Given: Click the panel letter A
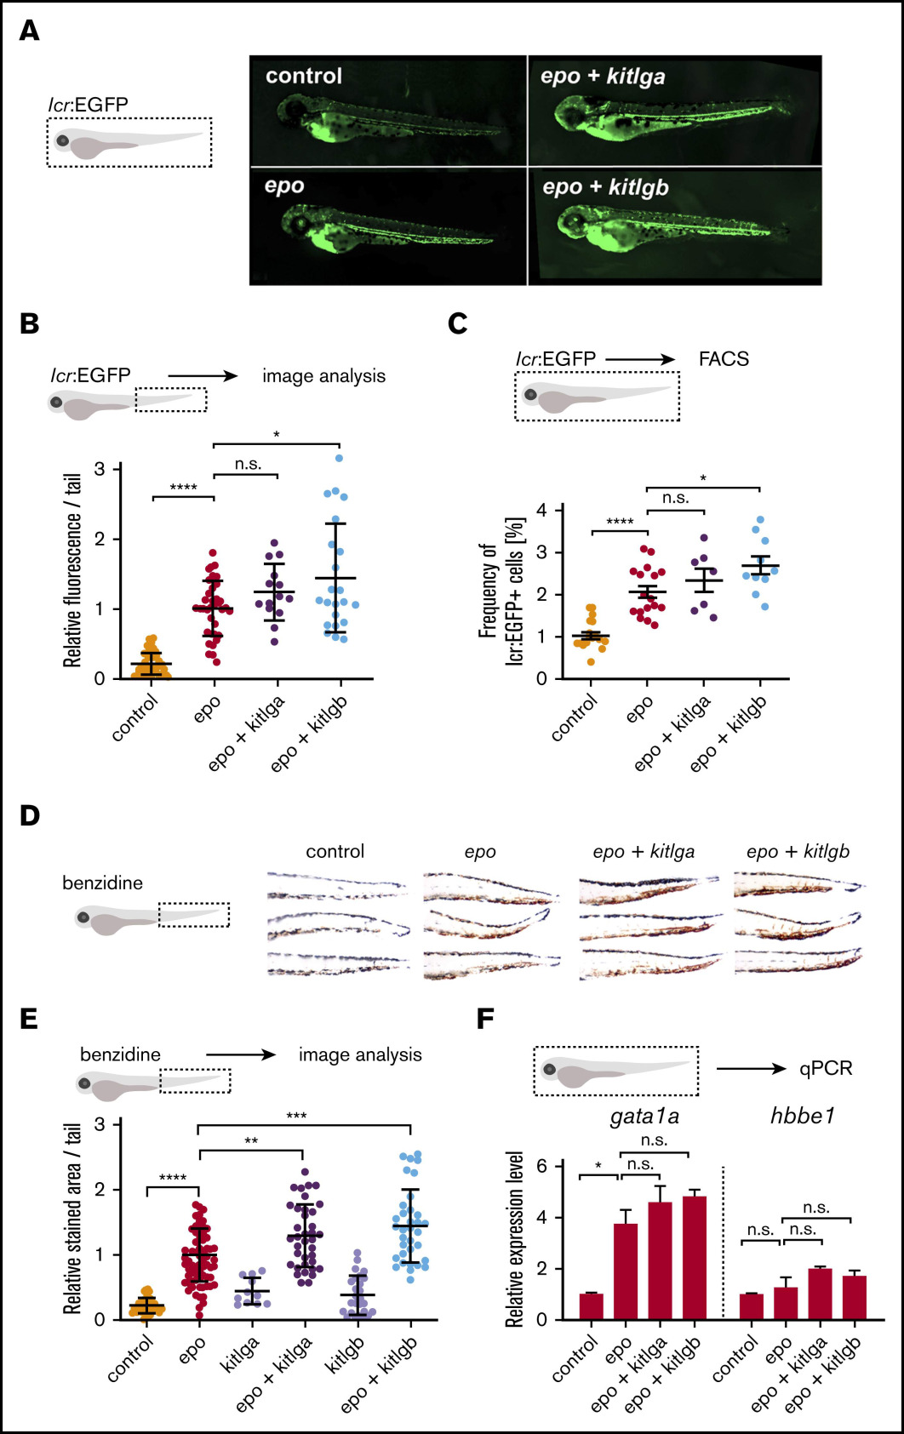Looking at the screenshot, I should (29, 31).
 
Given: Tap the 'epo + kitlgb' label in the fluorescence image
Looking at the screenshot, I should (605, 187).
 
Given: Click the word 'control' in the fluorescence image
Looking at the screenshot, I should (304, 76).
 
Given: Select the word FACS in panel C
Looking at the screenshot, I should (724, 359).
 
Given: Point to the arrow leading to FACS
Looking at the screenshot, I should (640, 359).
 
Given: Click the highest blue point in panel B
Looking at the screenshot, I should (339, 458).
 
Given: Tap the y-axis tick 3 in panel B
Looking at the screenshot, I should (100, 469).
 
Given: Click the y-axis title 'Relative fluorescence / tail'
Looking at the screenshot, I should (73, 570).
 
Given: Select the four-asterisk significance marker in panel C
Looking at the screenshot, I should (620, 522).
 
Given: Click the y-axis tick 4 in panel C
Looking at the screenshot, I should (542, 511).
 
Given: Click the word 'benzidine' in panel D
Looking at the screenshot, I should (102, 883).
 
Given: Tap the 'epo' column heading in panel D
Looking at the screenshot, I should (480, 852).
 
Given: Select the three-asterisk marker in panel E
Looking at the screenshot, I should (296, 1116).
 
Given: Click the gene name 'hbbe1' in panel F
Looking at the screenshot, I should (803, 1115).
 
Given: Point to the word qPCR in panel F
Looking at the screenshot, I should (825, 1068).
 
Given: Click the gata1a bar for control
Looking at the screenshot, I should (591, 1306).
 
